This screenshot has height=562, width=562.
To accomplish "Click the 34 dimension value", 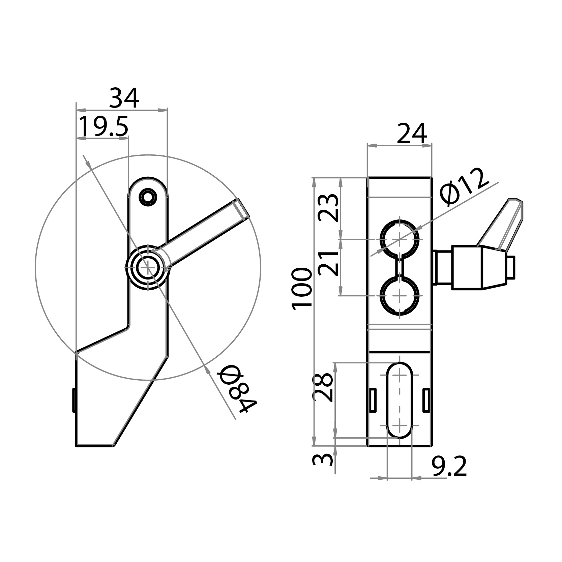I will pos(124,98).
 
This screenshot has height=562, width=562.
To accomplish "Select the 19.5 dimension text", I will pos(103,126).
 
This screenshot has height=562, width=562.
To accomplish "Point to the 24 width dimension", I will pos(412,134).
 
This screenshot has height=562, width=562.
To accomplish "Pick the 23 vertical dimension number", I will pos(328,207).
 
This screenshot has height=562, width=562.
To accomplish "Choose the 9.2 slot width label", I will pos(449,467).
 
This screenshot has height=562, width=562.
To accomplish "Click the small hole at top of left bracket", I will pos(148,197).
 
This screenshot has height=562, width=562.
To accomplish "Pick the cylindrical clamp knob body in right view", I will pos(467,268).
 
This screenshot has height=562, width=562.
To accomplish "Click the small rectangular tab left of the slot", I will pos(373,400).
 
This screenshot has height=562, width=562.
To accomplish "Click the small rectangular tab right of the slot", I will pos(426,400).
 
